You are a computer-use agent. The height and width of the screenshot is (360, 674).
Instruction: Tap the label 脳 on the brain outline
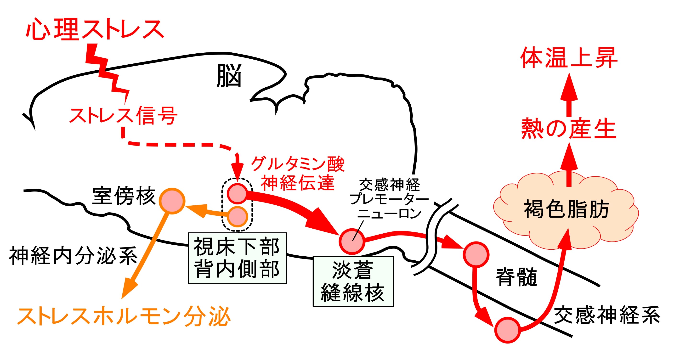click(x=229, y=76)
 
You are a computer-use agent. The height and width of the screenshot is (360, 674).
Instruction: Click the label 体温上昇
click(x=569, y=58)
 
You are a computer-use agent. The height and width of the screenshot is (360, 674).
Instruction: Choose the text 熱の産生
click(x=569, y=129)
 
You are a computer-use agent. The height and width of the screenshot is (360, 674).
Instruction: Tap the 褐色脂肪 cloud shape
click(x=566, y=209)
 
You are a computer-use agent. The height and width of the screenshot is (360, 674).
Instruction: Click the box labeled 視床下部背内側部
click(x=237, y=258)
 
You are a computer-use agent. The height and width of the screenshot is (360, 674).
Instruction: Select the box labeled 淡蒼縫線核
click(x=353, y=281)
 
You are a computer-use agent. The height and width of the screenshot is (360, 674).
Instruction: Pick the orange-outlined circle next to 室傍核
click(x=172, y=201)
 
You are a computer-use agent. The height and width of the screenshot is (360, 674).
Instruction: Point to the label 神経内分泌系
click(x=73, y=256)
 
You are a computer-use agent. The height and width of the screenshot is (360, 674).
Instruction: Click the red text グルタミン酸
click(x=298, y=164)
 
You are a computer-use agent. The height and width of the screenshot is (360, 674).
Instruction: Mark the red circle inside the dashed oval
click(x=237, y=193)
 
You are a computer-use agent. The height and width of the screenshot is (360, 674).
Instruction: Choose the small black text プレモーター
click(x=389, y=199)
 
